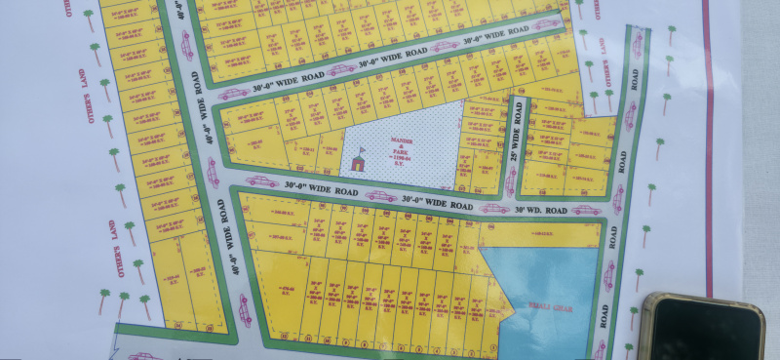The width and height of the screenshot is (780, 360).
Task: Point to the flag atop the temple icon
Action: (360, 150)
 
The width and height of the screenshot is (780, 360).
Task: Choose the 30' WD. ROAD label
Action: (542, 209)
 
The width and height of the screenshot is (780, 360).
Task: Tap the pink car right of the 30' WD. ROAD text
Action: (586, 209)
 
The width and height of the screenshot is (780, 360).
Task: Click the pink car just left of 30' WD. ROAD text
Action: (494, 208)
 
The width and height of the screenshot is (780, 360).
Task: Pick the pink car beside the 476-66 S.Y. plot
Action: (245, 310)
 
